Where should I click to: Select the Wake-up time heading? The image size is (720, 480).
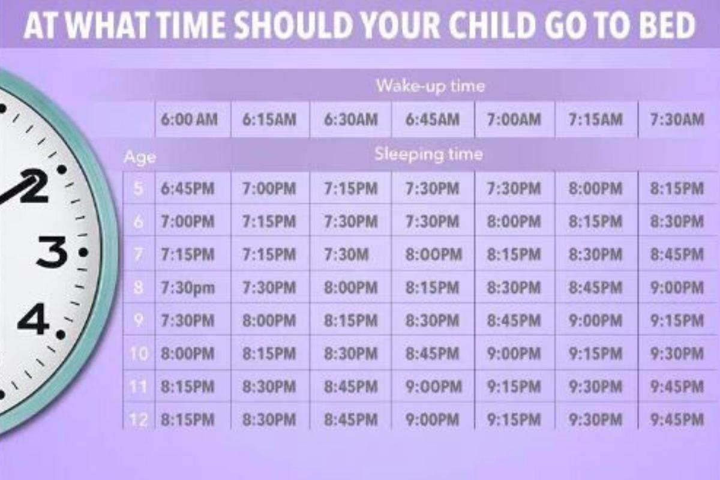click(430, 86)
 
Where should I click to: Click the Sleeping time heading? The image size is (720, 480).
click(429, 154)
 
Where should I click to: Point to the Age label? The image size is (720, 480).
click(140, 157)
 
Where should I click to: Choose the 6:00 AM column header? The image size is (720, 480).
click(189, 119)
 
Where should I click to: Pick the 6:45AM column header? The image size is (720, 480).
click(433, 119)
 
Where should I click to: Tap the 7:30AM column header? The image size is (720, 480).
click(677, 119)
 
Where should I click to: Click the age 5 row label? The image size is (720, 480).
click(138, 189)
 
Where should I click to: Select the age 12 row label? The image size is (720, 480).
click(138, 419)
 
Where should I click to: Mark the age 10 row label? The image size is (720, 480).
click(139, 353)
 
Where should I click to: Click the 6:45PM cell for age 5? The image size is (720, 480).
click(187, 188)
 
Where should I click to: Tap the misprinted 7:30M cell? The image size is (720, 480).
click(346, 254)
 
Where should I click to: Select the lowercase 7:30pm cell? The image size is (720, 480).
click(188, 288)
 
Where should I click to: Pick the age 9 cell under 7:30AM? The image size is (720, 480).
click(677, 320)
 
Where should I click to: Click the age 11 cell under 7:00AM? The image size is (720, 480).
click(514, 386)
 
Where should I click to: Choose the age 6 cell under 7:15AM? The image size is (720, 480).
click(595, 221)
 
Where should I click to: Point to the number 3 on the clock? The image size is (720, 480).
click(53, 252)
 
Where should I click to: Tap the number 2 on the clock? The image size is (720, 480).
click(34, 187)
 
